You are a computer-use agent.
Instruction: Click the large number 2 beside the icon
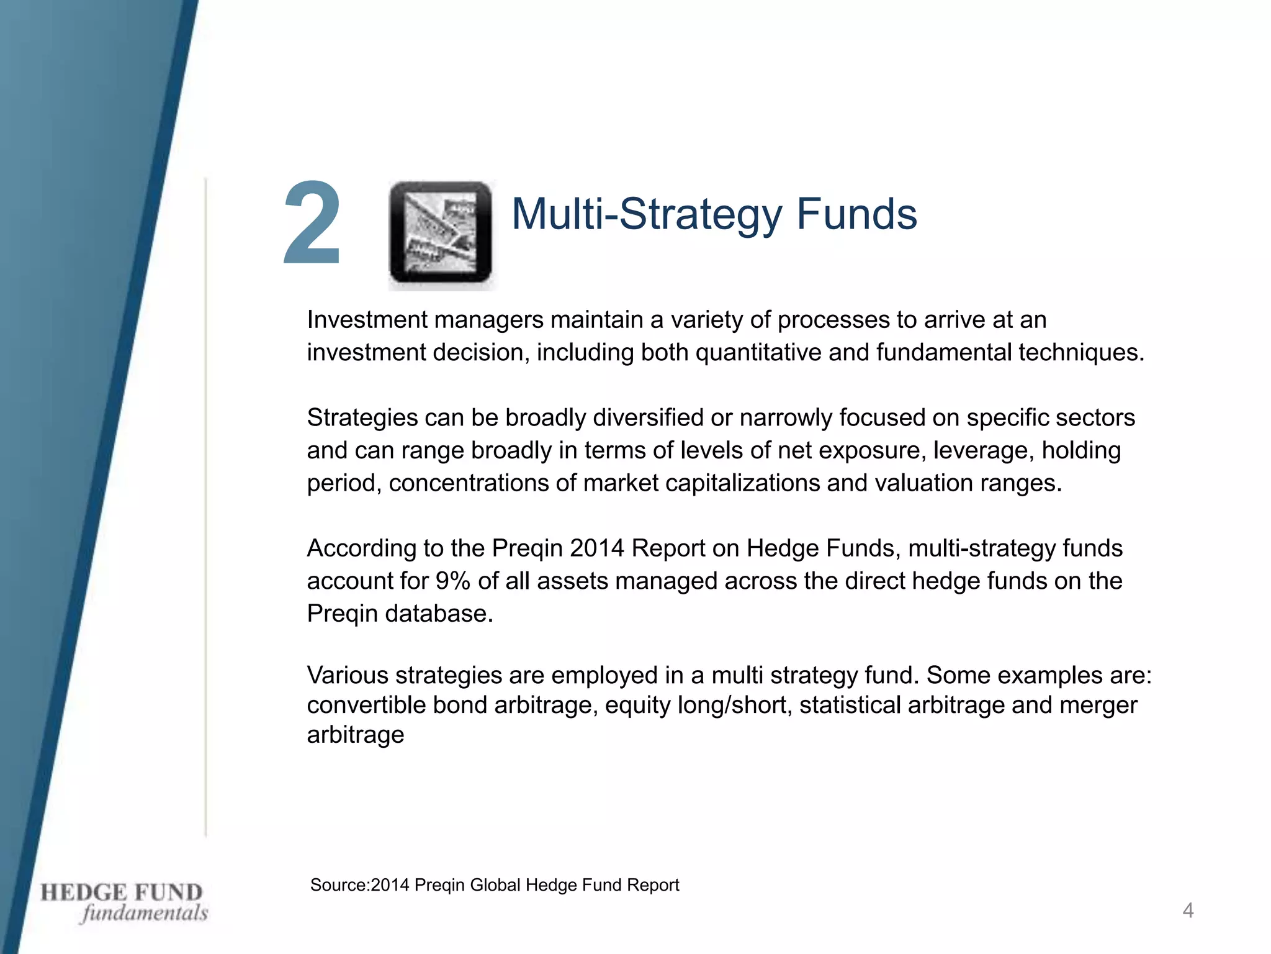pyautogui.click(x=312, y=224)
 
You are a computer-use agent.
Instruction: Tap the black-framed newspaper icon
pyautogui.click(x=441, y=232)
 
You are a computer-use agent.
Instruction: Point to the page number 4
pyautogui.click(x=1188, y=911)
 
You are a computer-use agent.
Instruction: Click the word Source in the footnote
pyautogui.click(x=338, y=885)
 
